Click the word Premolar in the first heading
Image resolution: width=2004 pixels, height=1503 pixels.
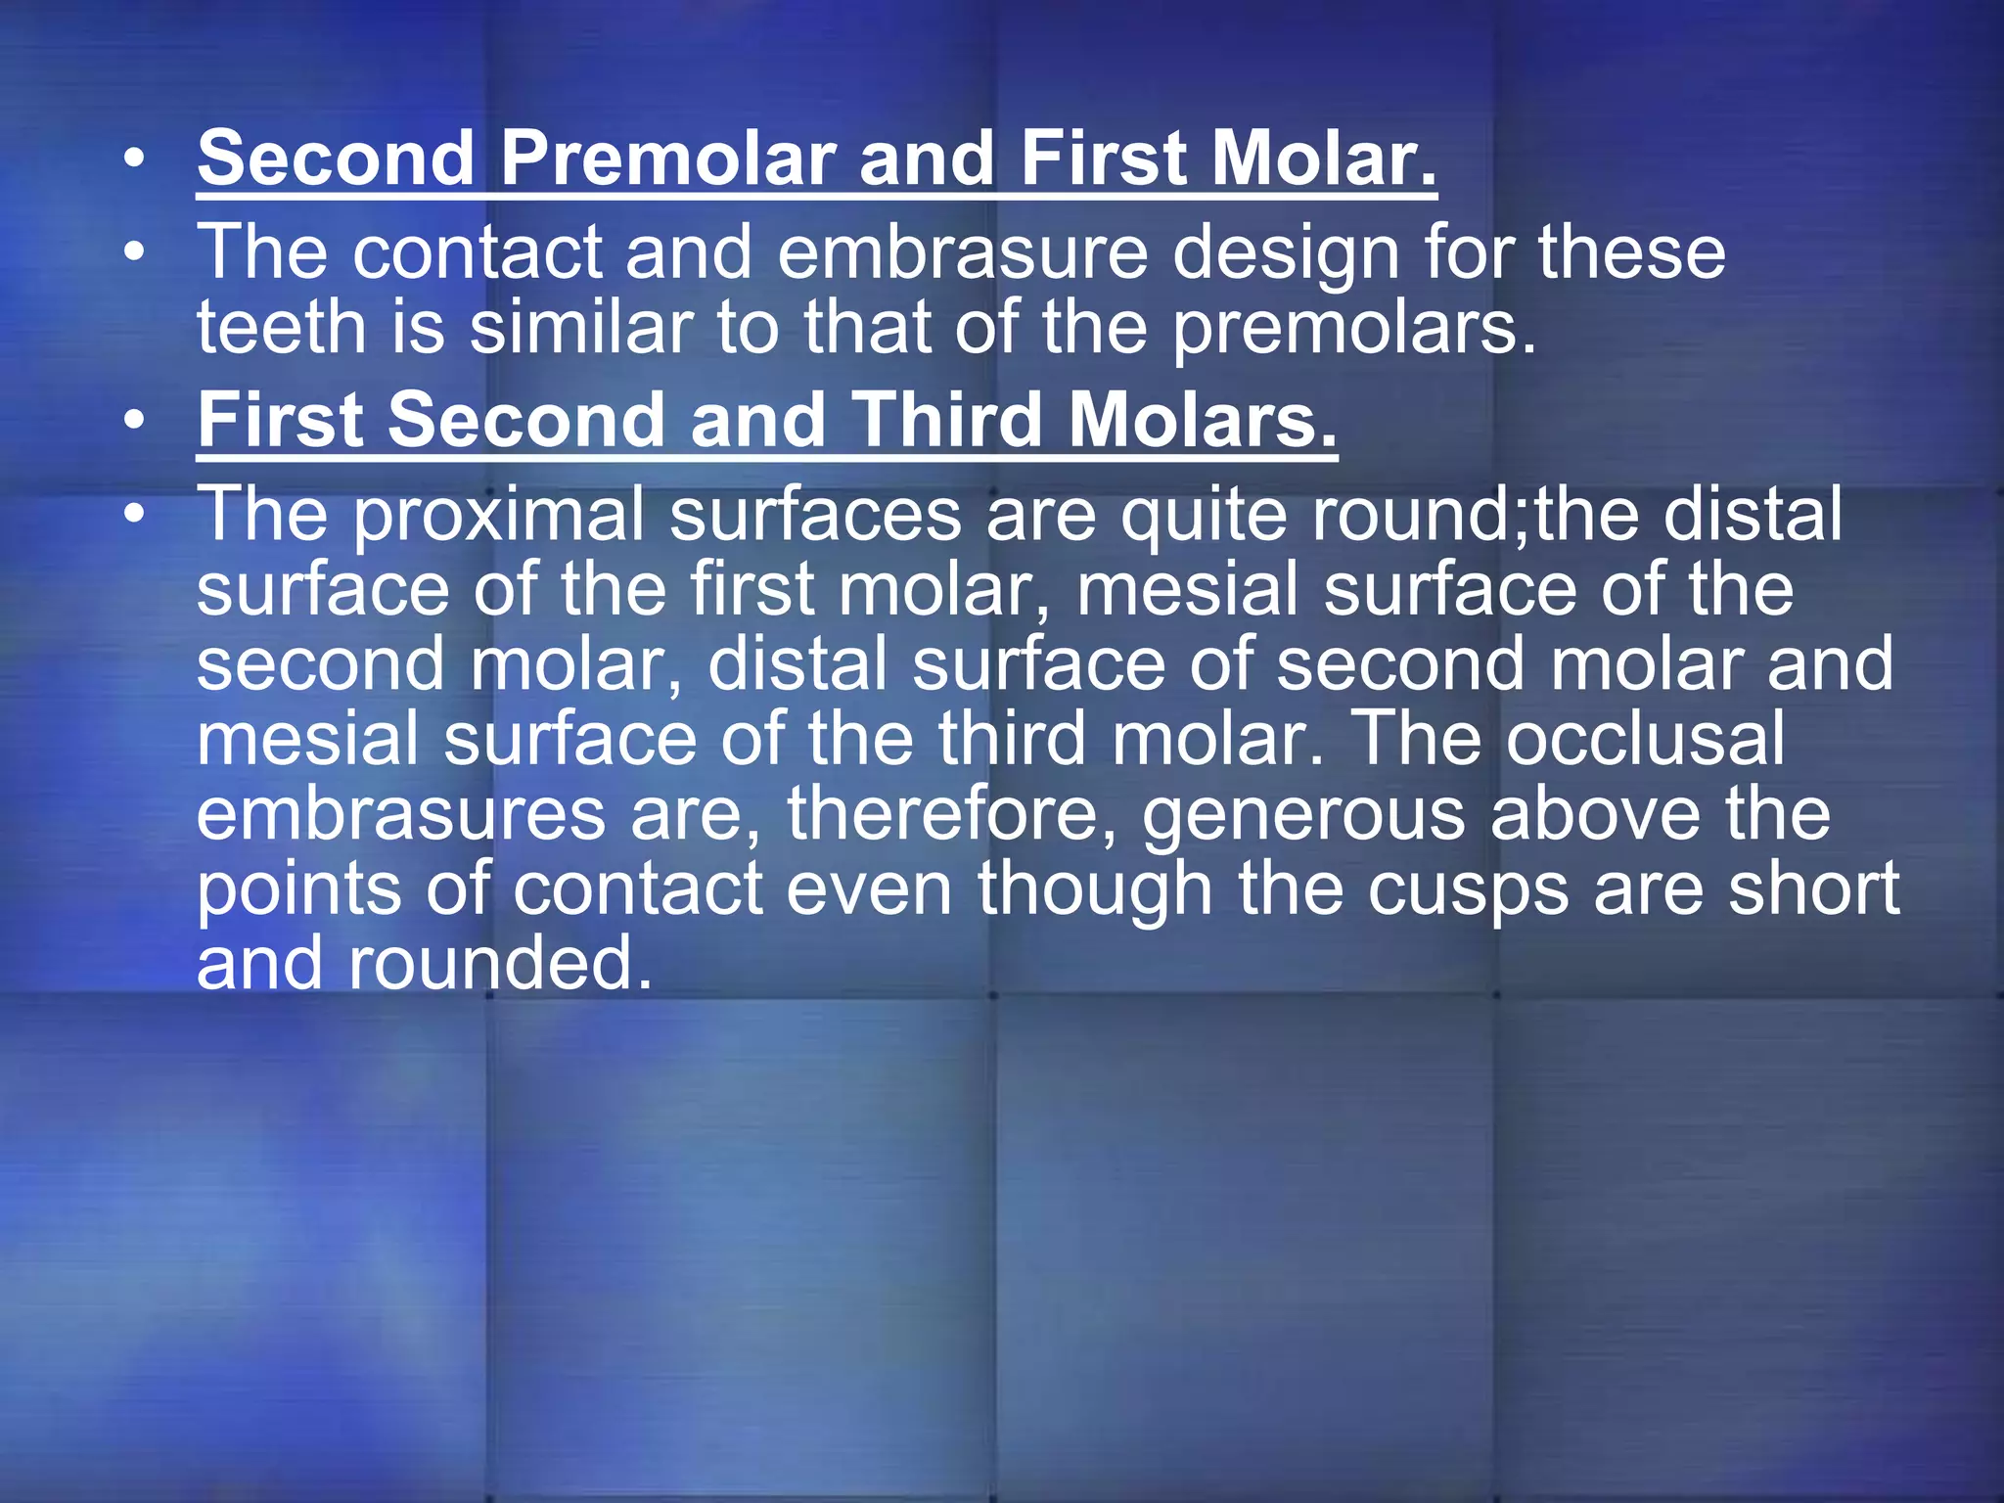click(x=667, y=159)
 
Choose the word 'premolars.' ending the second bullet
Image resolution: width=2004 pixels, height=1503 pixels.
click(x=1354, y=330)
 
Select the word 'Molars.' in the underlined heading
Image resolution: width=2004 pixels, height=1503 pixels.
click(x=1202, y=421)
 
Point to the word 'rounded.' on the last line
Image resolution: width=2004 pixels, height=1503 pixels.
click(x=500, y=963)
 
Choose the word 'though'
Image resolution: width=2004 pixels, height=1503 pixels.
click(x=1095, y=890)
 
